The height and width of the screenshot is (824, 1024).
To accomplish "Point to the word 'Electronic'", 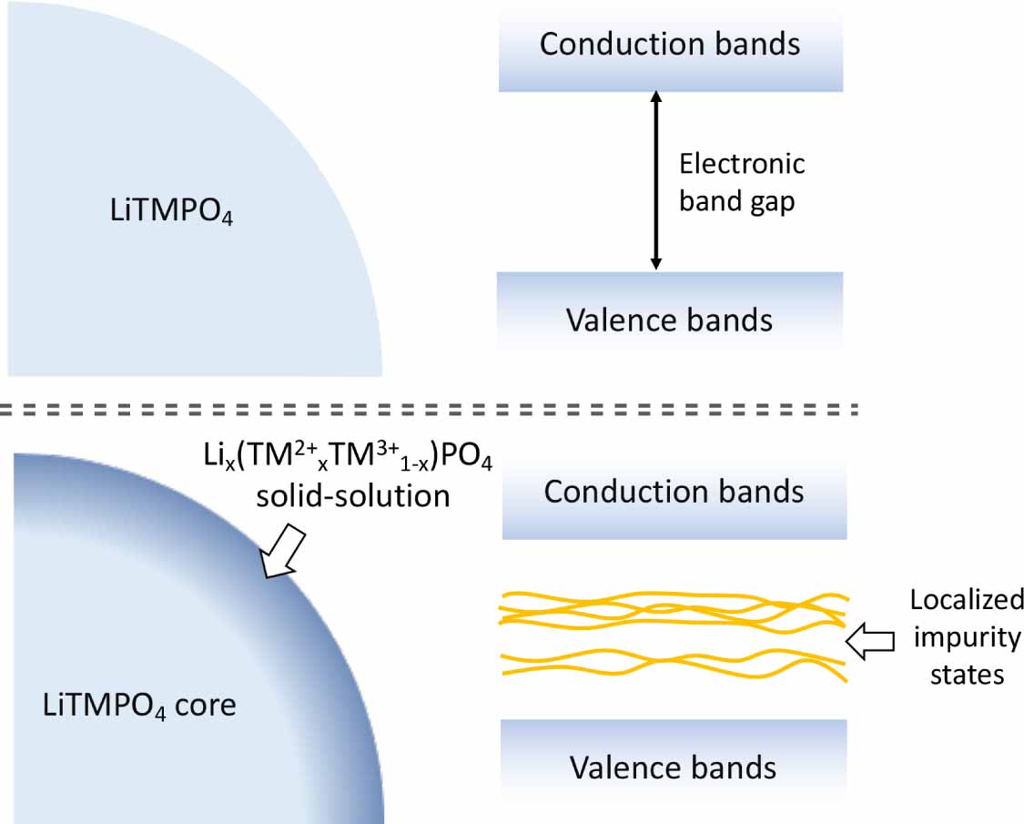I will point(743,164).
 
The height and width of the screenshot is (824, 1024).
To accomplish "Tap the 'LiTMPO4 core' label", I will point(139,705).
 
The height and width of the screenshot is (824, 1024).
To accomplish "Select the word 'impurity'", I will point(966,637).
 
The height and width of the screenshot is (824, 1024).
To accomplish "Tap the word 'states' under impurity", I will point(966,675).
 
